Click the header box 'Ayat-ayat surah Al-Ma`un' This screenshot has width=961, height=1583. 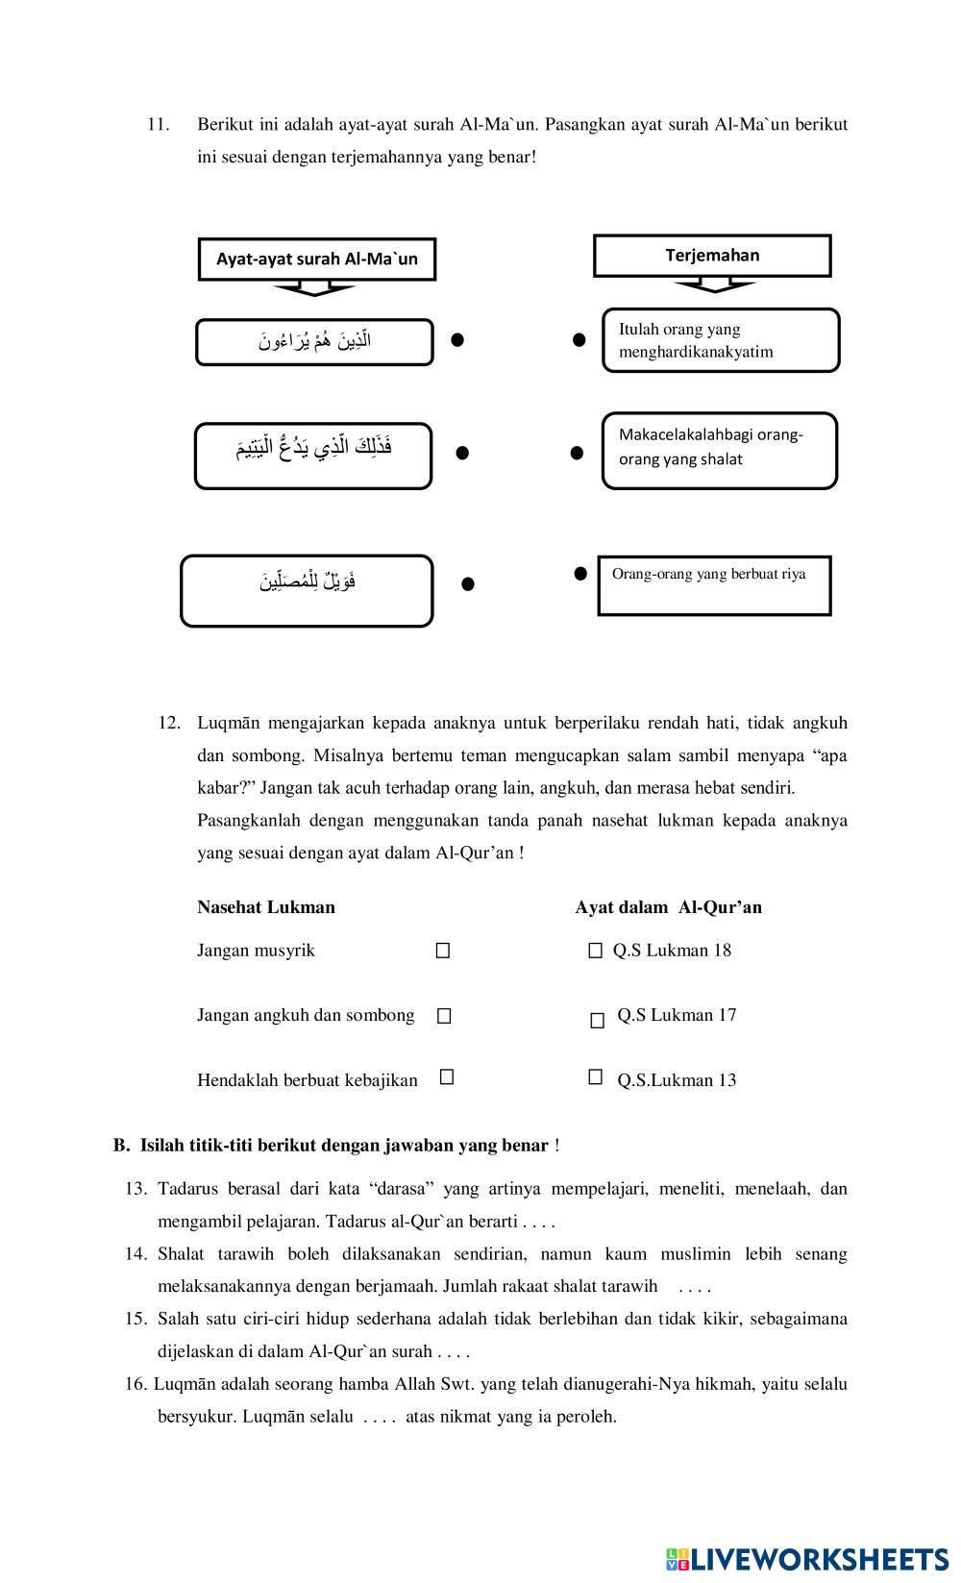316,259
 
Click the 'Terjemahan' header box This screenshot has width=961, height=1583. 712,256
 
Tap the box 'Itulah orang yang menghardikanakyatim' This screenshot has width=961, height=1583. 721,340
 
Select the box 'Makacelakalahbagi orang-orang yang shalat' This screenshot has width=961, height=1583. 720,451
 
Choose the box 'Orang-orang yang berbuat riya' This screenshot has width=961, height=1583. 714,584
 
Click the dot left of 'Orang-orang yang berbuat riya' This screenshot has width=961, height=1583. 580,574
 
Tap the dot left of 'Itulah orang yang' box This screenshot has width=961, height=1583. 579,339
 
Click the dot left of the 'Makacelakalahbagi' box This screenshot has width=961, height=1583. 577,452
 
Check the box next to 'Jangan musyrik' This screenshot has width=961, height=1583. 443,951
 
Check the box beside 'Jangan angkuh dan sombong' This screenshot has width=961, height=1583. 444,1016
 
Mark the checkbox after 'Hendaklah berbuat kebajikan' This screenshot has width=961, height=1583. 447,1077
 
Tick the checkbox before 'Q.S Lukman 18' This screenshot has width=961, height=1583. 595,951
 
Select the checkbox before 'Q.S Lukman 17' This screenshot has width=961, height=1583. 598,1021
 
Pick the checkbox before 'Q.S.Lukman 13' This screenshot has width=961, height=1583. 596,1077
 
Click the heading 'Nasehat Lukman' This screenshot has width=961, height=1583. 266,907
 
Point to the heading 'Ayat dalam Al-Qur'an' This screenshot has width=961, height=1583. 668,907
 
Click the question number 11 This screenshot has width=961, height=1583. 158,124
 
